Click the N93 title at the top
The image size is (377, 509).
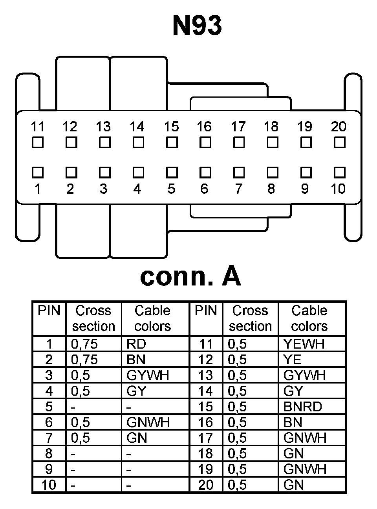pyautogui.click(x=197, y=26)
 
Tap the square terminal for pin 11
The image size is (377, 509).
pyautogui.click(x=38, y=142)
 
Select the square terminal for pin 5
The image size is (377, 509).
pyautogui.click(x=172, y=173)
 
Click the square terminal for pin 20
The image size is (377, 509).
pyautogui.click(x=339, y=142)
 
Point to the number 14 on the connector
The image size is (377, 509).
pyautogui.click(x=137, y=127)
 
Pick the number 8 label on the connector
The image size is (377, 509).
pyautogui.click(x=271, y=189)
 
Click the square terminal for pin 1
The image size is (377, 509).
pyautogui.click(x=38, y=173)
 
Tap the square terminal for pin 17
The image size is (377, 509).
pyautogui.click(x=239, y=142)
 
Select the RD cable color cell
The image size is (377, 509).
pyautogui.click(x=136, y=344)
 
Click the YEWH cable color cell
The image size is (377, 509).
pyautogui.click(x=304, y=344)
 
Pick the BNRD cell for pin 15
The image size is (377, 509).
pyautogui.click(x=302, y=407)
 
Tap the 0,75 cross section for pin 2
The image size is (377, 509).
pyautogui.click(x=84, y=360)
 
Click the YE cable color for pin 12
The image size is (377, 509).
pyautogui.click(x=293, y=360)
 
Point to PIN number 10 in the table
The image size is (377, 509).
pyautogui.click(x=49, y=485)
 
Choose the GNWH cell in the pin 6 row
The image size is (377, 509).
pyautogui.click(x=148, y=422)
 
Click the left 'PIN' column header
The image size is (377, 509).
pyautogui.click(x=49, y=311)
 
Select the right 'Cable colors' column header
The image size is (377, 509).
pyautogui.click(x=309, y=318)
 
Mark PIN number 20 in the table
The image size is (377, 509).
pyautogui.click(x=205, y=485)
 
